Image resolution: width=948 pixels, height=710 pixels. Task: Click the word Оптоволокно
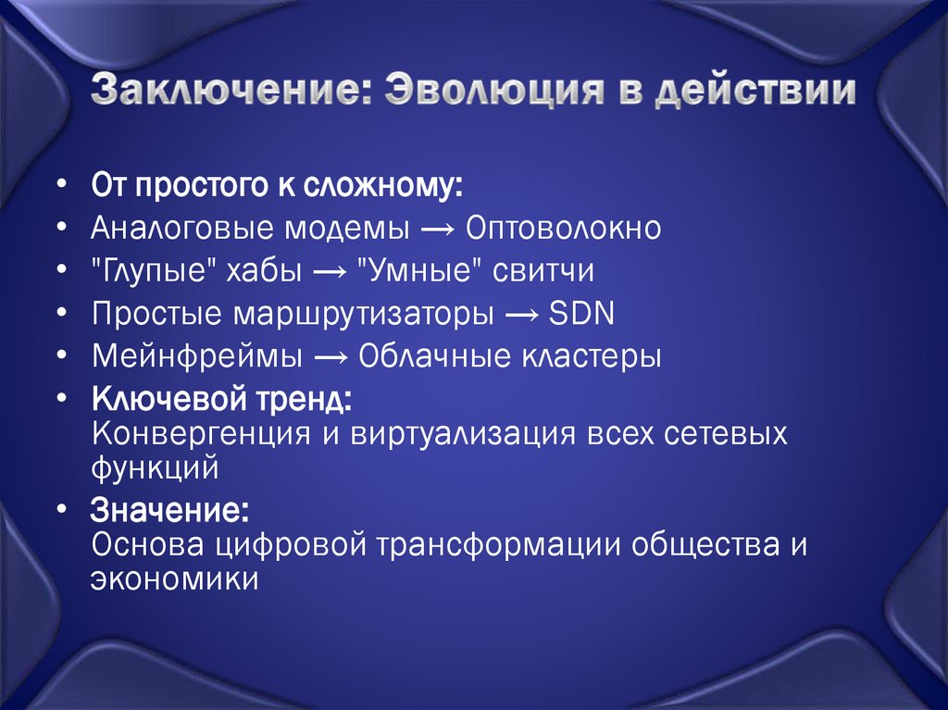tap(564, 228)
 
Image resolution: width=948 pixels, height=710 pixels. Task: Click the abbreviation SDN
tap(581, 314)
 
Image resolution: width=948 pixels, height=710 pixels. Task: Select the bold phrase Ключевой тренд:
tap(221, 402)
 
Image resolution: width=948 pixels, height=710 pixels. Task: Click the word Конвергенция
tap(199, 434)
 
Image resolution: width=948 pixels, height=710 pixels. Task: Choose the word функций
tap(155, 467)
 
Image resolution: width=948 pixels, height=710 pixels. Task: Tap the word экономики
tap(174, 579)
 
